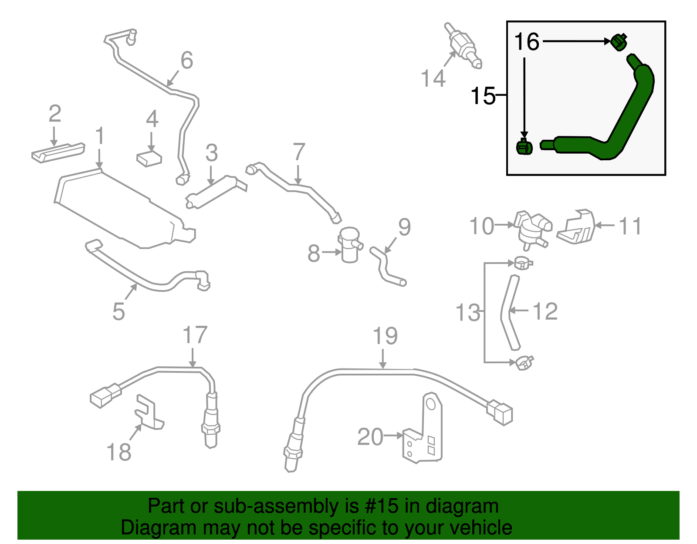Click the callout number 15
[x=483, y=95]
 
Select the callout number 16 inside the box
[x=527, y=42]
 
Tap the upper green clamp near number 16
[x=618, y=42]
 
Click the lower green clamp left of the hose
[x=524, y=147]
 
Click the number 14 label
[x=433, y=79]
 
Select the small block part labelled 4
[x=149, y=159]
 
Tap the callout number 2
[x=55, y=114]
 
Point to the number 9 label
[x=404, y=227]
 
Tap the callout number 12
[x=545, y=311]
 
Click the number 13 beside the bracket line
[x=467, y=313]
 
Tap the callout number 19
[x=385, y=336]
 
